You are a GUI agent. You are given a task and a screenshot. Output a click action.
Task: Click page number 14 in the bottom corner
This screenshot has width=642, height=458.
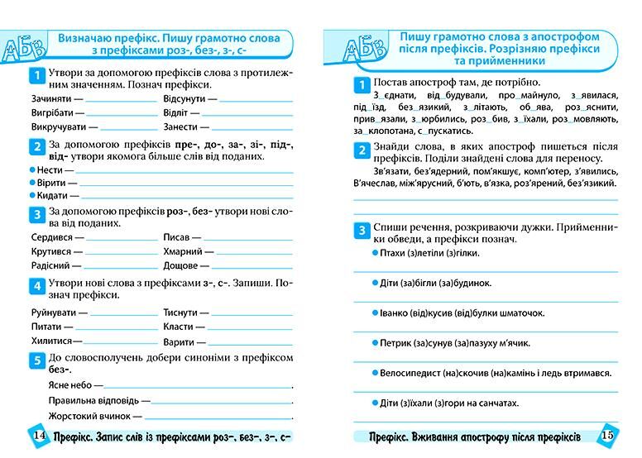(x=38, y=437)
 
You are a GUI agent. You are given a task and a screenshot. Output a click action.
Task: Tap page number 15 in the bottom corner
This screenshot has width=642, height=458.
(x=606, y=437)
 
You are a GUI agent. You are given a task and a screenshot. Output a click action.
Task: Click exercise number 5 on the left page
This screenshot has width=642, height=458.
(x=36, y=360)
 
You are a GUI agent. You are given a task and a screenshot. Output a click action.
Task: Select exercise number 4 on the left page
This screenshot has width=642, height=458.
(x=36, y=287)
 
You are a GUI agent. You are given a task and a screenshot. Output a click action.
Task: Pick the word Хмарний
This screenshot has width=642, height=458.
(x=184, y=251)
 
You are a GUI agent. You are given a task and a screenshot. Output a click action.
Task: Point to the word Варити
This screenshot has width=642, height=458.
(x=179, y=341)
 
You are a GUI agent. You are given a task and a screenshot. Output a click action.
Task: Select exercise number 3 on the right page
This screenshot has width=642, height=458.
(x=362, y=230)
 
